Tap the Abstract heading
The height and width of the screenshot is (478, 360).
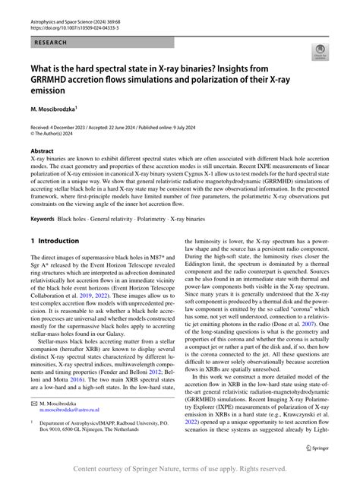point(43,151)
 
